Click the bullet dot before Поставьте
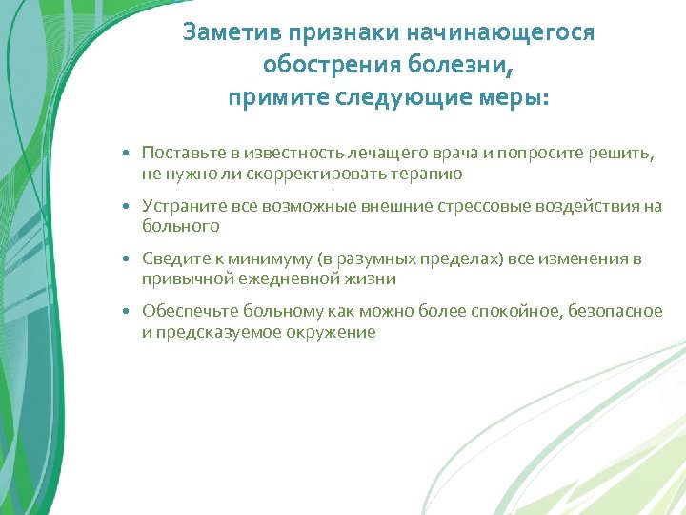tap(126, 153)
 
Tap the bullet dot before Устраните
tap(126, 206)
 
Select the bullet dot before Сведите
tap(126, 259)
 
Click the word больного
tap(181, 226)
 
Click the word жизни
tap(375, 279)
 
